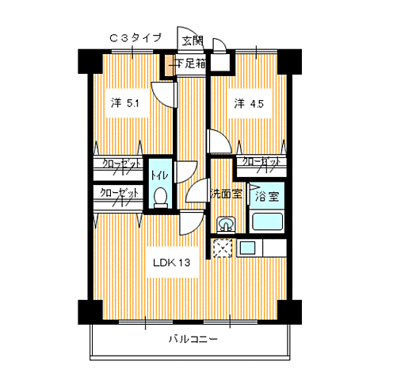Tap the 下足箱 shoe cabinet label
pos(187,63)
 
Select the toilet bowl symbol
pos(160,196)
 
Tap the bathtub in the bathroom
pos(267,222)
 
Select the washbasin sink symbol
pos(225,225)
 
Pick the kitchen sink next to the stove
pos(247,248)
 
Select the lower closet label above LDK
pos(119,192)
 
